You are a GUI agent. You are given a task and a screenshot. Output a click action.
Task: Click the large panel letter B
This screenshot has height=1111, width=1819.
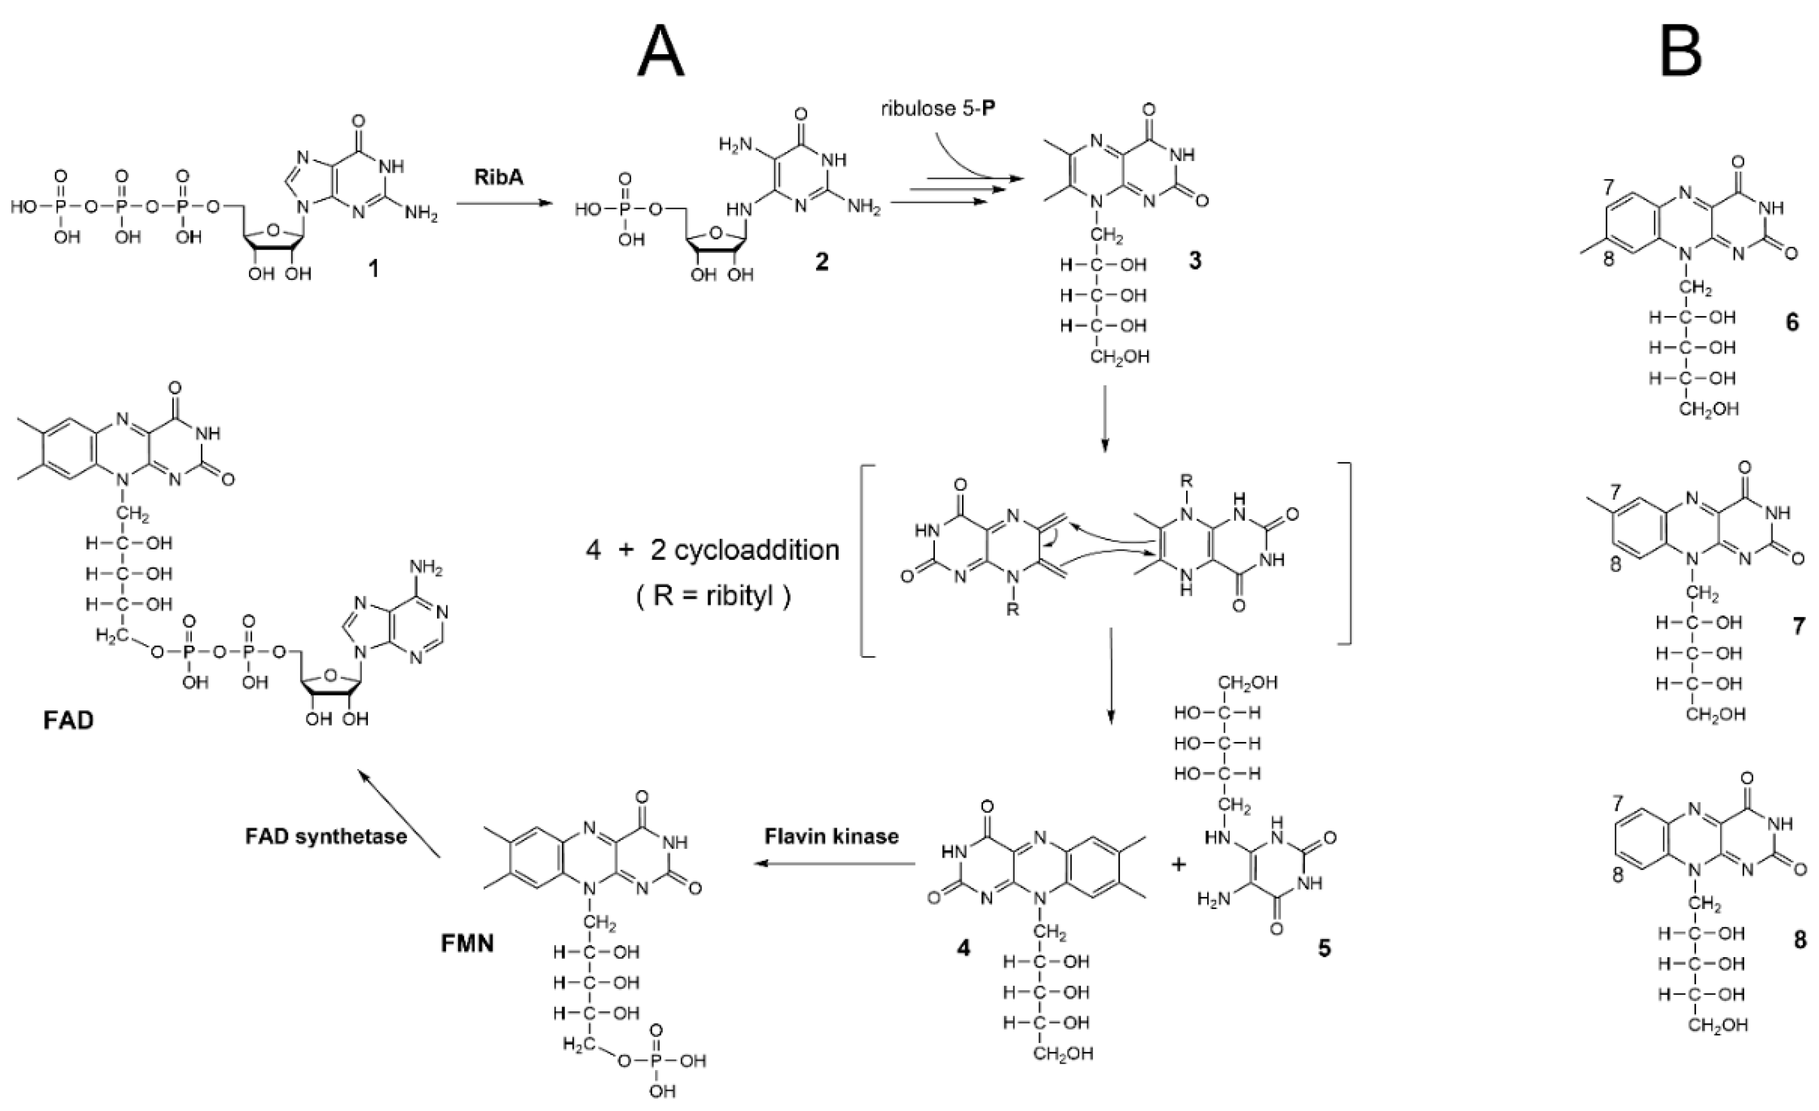click(x=1681, y=51)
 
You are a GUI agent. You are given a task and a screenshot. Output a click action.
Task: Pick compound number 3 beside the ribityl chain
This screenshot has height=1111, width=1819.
click(x=1194, y=260)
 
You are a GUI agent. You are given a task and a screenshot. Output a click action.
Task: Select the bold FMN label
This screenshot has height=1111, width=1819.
click(x=467, y=943)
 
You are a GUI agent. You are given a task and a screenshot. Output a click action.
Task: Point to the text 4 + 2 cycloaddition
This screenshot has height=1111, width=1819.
click(x=713, y=550)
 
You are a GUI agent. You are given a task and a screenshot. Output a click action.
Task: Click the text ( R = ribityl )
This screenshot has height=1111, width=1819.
click(x=713, y=595)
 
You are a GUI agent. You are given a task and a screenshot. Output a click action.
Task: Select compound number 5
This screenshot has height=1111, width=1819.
click(x=1324, y=948)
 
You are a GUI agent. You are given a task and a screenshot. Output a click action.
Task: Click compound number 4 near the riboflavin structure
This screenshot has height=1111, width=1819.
click(x=963, y=948)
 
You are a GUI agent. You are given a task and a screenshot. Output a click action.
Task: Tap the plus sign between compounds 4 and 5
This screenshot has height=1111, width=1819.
click(x=1178, y=864)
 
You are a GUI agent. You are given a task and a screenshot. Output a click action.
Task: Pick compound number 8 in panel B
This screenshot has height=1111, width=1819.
click(x=1800, y=939)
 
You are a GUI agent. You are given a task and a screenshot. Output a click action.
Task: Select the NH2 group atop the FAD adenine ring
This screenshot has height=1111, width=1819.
click(x=426, y=570)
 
